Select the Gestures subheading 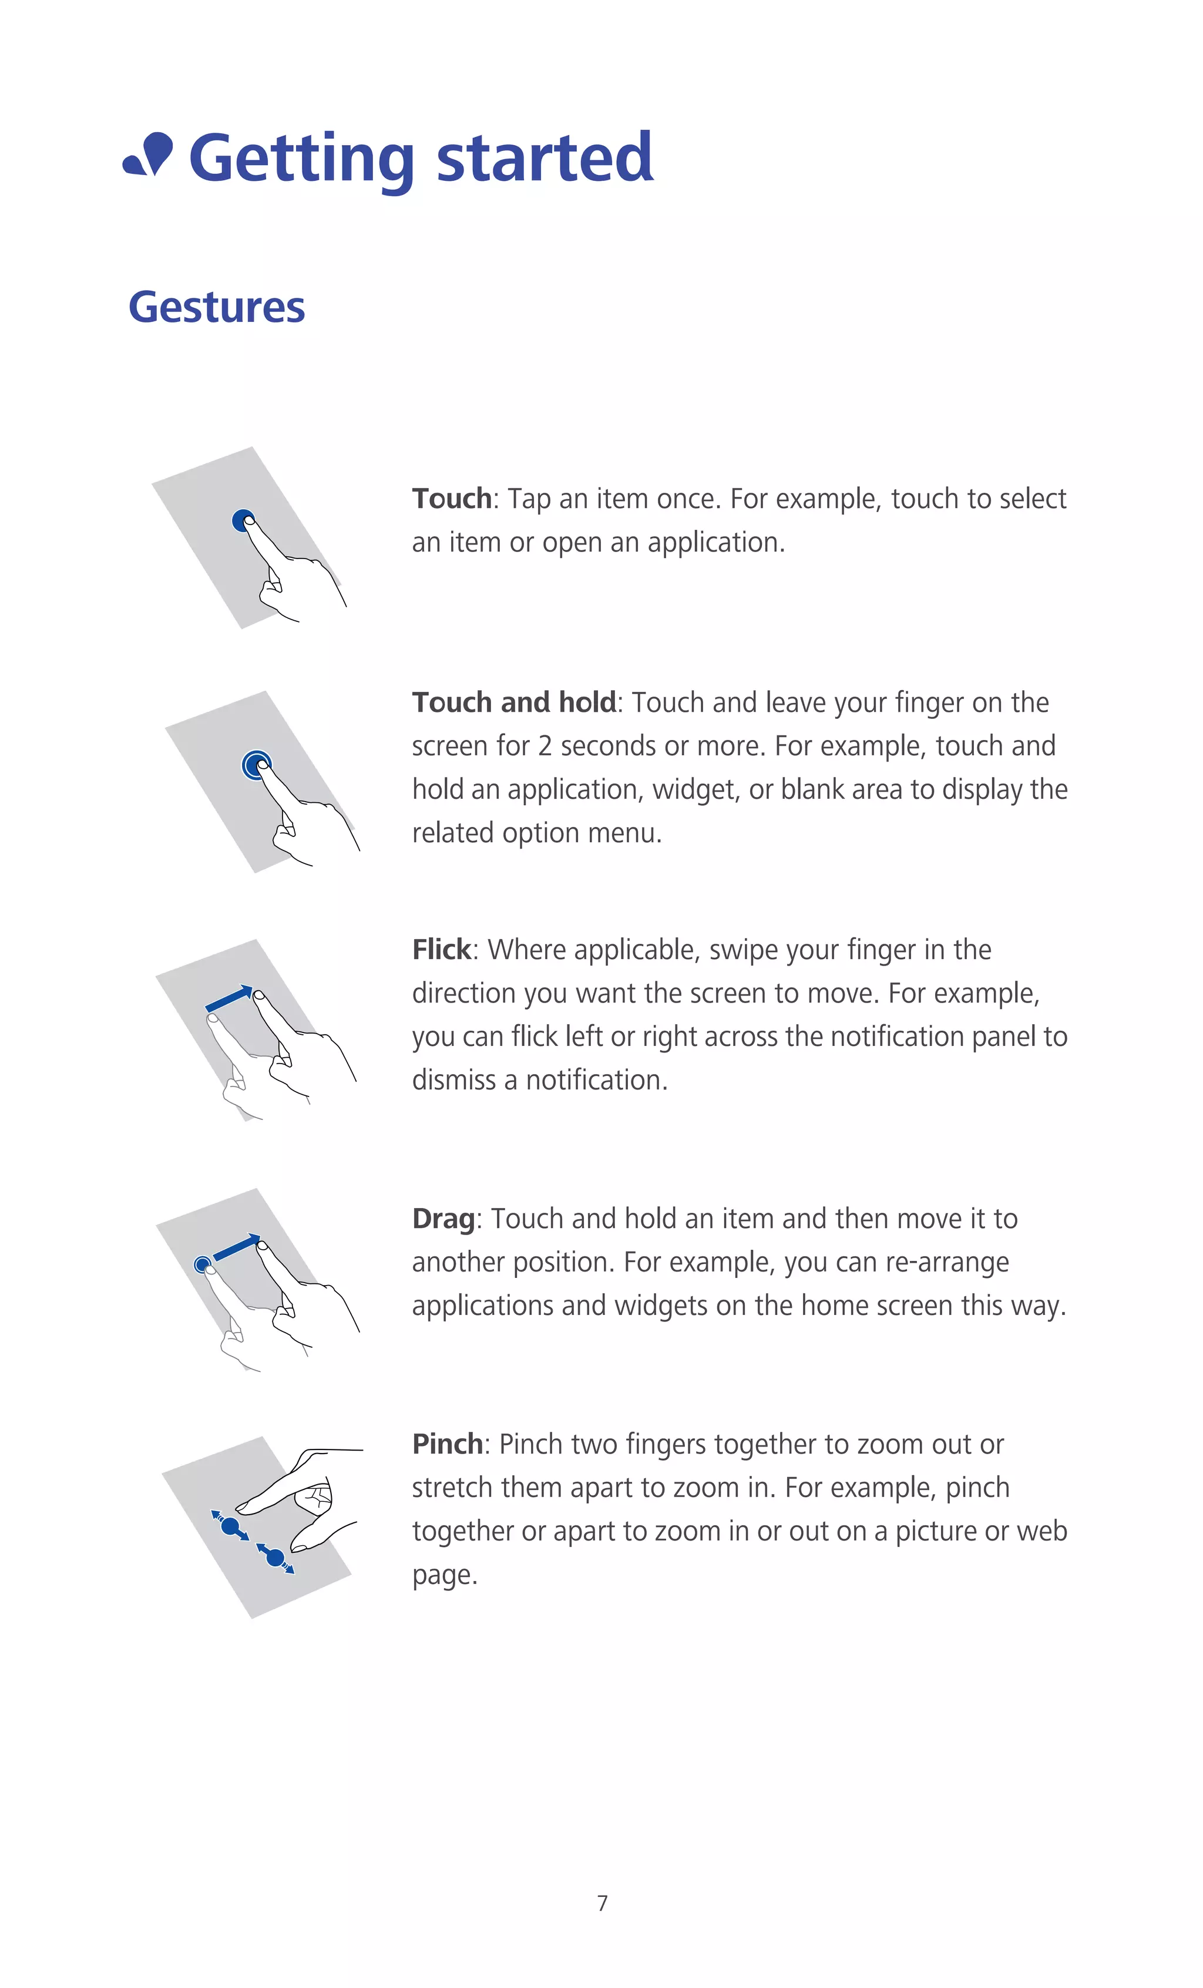click(x=217, y=307)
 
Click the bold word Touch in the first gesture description click(x=452, y=499)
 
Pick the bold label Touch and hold click(x=514, y=703)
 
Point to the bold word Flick click(x=441, y=950)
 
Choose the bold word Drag click(x=443, y=1218)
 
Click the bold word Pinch click(x=447, y=1444)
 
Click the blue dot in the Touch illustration click(x=241, y=520)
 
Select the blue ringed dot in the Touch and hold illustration click(x=255, y=764)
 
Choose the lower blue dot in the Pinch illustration click(x=275, y=1557)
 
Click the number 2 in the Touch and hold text click(x=545, y=746)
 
